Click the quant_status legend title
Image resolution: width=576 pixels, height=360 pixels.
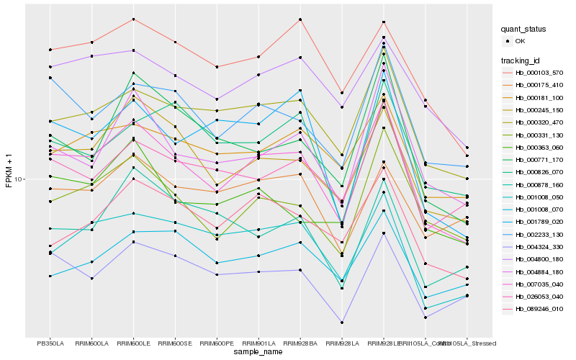click(x=524, y=30)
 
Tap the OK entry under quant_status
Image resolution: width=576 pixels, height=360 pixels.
click(x=519, y=42)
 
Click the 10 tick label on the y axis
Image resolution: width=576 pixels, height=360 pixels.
click(x=19, y=179)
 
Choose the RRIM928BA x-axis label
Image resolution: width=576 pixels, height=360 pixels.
click(x=300, y=343)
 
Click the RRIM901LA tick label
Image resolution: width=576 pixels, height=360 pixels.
click(x=258, y=343)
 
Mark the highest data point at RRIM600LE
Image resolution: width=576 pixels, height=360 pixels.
click(x=134, y=19)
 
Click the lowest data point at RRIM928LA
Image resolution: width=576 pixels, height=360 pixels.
click(x=342, y=323)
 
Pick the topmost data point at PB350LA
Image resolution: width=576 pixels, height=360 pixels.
click(x=50, y=50)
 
